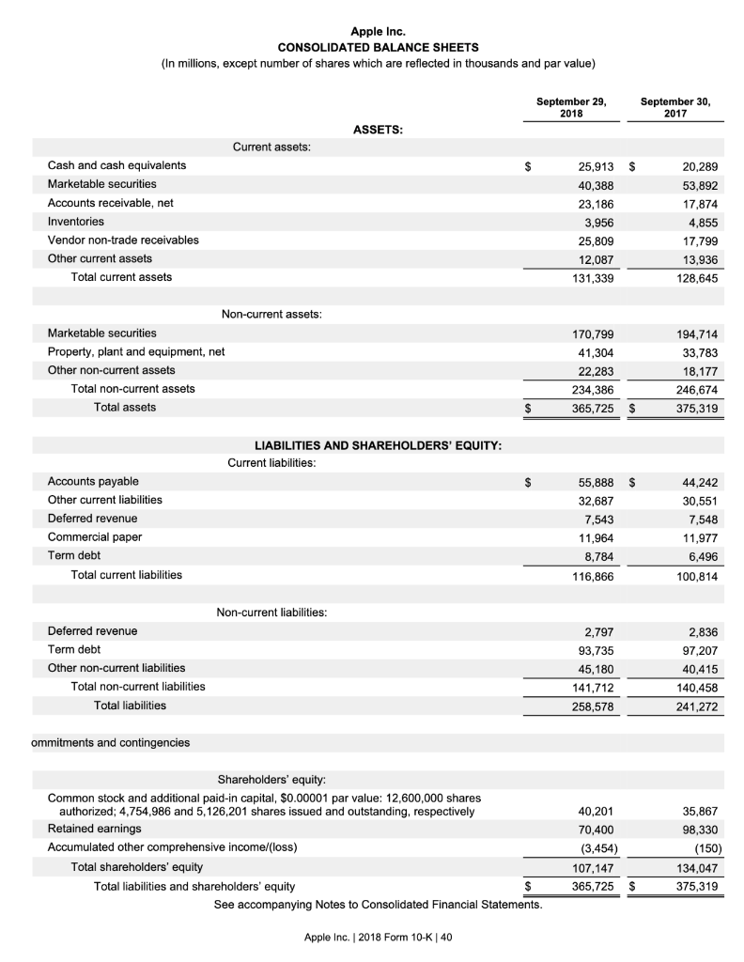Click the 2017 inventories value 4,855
[x=700, y=222]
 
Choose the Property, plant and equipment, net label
[x=136, y=351]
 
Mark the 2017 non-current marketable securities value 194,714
[x=696, y=333]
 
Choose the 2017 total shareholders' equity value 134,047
[x=696, y=866]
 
